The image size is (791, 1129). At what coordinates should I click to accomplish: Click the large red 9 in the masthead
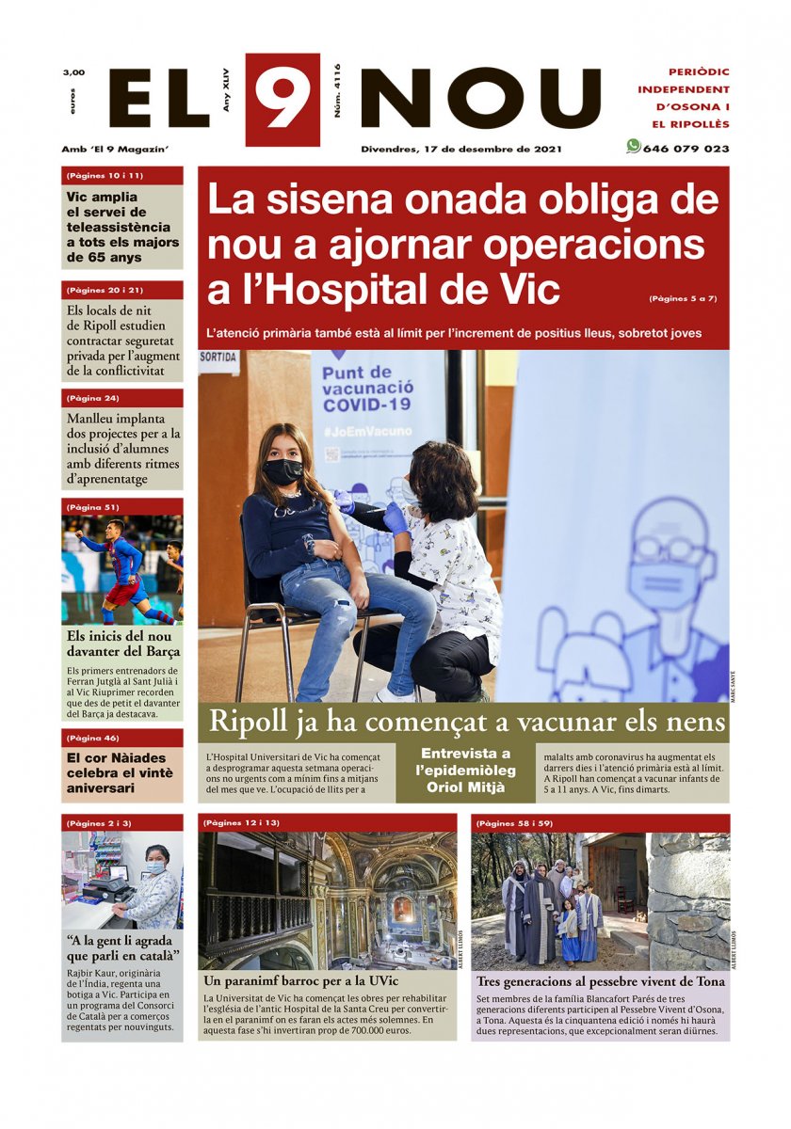[282, 99]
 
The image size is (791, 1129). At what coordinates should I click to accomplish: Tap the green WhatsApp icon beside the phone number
[633, 147]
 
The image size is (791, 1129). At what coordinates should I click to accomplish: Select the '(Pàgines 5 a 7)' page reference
[683, 298]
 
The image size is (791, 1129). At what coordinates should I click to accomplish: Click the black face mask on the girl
[282, 470]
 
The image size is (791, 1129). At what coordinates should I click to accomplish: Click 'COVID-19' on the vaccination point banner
[367, 405]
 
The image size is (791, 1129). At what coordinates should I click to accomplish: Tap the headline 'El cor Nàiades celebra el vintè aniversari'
[116, 772]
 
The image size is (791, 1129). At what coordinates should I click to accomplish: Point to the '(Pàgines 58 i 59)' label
[513, 823]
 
